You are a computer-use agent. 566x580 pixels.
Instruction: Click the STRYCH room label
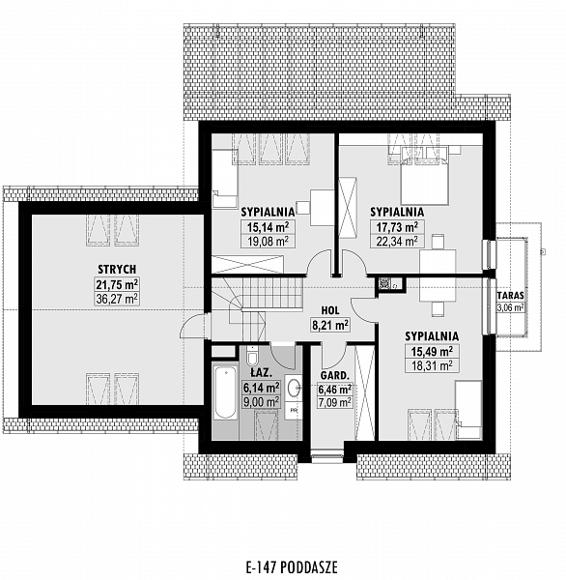pos(117,269)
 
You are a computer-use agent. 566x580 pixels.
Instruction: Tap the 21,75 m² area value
pos(117,285)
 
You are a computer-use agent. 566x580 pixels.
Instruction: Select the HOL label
pos(330,310)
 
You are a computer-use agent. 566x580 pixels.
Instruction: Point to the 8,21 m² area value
pos(330,325)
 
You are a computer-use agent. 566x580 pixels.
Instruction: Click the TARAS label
pos(511,296)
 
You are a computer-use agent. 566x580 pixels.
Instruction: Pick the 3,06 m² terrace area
pos(511,307)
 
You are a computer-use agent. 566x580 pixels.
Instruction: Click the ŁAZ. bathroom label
pos(262,373)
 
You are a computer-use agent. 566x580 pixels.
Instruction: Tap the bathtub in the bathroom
pos(225,392)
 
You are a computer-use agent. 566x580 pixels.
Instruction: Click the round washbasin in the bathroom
pos(295,388)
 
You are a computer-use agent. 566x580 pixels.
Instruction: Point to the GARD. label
pos(334,376)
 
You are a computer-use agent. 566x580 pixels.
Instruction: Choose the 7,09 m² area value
pos(335,402)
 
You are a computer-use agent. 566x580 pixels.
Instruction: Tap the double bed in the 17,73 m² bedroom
pos(425,178)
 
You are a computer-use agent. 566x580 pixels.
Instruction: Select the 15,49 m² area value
pos(432,352)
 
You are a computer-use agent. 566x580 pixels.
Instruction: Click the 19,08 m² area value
pos(268,242)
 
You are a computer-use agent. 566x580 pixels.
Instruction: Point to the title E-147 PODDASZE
pos(292,566)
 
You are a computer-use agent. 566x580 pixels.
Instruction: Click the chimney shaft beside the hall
pos(384,283)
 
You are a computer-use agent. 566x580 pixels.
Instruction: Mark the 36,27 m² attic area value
pos(117,299)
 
